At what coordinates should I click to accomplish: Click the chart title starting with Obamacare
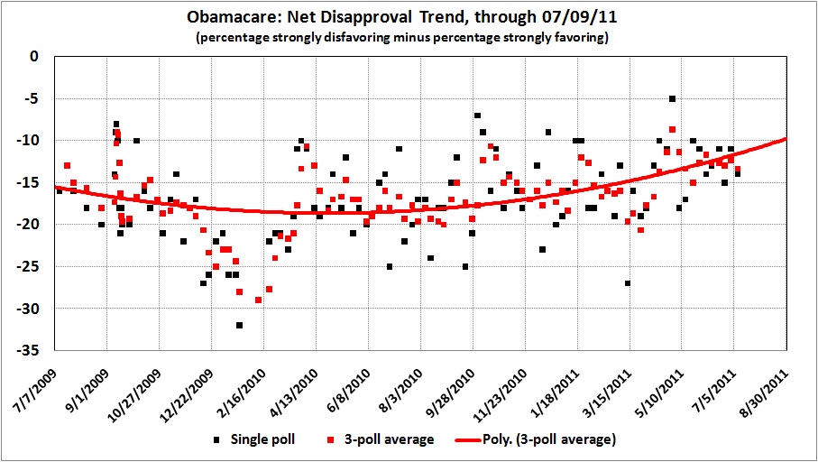[x=408, y=17]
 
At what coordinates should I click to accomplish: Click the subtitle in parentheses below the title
[x=408, y=38]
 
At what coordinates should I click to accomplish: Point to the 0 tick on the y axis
[x=36, y=56]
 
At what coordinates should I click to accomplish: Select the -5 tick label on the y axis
[x=33, y=98]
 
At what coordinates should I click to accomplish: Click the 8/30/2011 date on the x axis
[x=767, y=383]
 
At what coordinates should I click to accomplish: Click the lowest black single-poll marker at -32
[x=239, y=325]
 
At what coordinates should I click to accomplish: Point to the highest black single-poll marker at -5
[x=672, y=98]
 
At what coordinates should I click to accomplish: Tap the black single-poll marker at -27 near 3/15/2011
[x=627, y=283]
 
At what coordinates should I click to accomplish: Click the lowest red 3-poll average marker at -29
[x=259, y=300]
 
